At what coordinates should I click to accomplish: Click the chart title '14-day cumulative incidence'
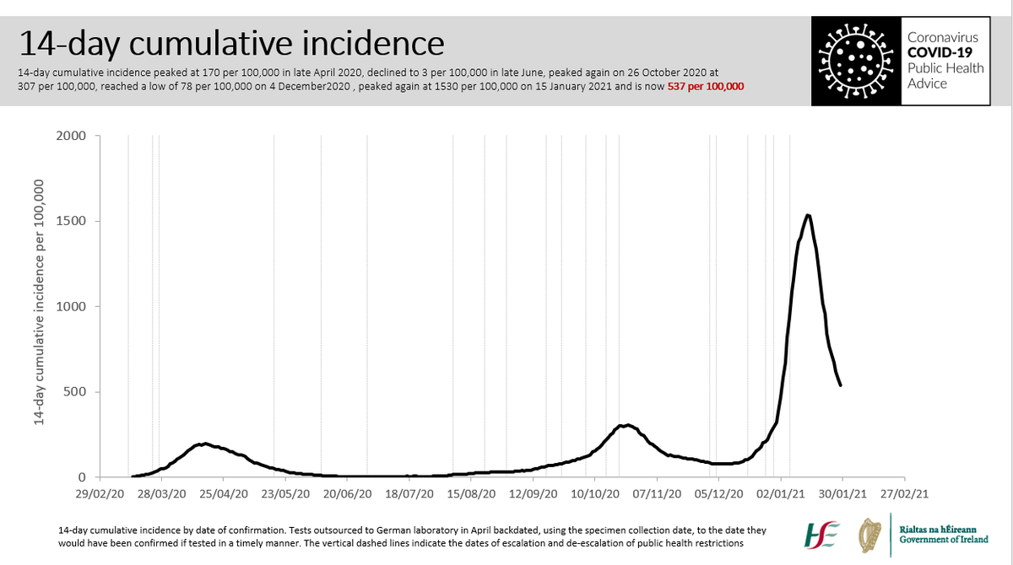tap(230, 43)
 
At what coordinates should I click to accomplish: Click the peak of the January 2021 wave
tap(808, 215)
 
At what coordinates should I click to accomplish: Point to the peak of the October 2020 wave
tap(626, 424)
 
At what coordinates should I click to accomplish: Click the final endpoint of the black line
tap(841, 385)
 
